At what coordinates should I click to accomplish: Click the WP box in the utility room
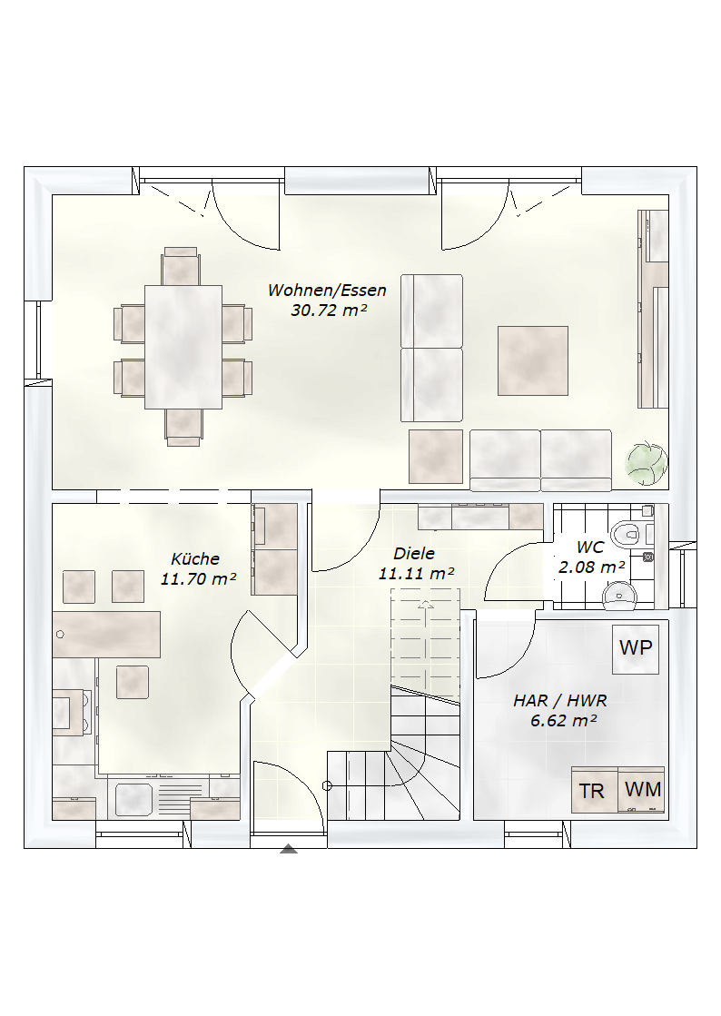coord(636,648)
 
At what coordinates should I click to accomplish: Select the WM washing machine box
coord(641,789)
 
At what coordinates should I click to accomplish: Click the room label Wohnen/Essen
coord(327,290)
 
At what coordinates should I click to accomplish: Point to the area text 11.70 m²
coord(198,578)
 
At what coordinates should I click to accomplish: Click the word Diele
coord(414,553)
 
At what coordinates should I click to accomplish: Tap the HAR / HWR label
coord(559,700)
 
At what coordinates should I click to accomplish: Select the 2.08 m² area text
coord(591,567)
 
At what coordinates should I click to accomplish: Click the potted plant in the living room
coord(647,463)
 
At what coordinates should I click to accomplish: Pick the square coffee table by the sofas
coord(532,361)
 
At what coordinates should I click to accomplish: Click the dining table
coord(183,347)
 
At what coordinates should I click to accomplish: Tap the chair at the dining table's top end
coord(181,266)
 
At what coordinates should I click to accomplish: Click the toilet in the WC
coord(627,533)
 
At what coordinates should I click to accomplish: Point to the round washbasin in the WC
coord(619,596)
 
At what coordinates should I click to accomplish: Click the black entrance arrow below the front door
coord(288,849)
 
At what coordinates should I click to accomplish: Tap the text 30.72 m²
coord(329,311)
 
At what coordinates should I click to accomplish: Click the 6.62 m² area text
coord(563,721)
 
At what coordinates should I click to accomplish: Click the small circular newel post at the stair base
coord(327,786)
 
